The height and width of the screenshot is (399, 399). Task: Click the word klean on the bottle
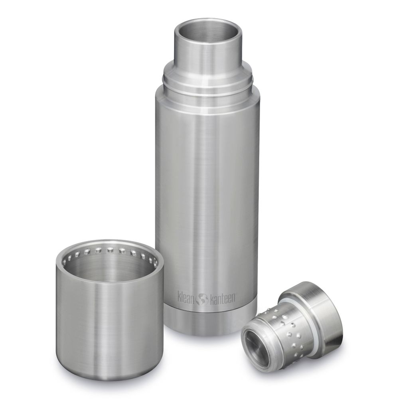[x=188, y=297]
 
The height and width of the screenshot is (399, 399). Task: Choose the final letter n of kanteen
[x=235, y=297]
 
